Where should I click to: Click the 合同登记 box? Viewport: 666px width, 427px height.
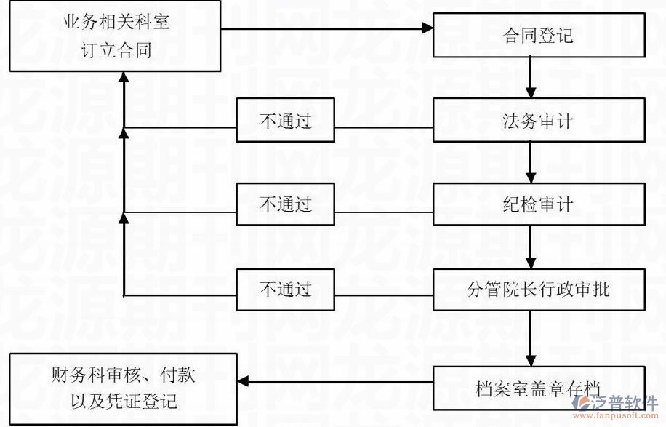point(539,36)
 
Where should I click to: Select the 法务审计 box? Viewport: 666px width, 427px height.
point(539,120)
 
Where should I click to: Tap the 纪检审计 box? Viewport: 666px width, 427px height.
point(539,204)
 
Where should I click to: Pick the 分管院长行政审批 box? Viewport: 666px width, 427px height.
point(539,289)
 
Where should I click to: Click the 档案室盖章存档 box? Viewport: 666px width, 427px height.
point(539,388)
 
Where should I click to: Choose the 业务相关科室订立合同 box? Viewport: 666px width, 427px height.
point(115,36)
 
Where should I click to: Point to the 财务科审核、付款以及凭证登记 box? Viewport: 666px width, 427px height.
point(124,389)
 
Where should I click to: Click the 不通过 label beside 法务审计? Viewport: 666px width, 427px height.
point(285,121)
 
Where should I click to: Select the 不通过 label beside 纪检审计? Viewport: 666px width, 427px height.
point(285,204)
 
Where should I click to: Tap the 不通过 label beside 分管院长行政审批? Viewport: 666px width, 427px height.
point(285,289)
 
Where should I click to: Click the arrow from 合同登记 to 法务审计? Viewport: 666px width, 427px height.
point(531,78)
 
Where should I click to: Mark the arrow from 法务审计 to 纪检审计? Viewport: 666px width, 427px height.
point(531,162)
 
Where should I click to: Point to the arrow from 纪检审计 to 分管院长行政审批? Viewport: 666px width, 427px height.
point(531,247)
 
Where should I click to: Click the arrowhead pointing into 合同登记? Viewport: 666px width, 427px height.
point(427,29)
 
